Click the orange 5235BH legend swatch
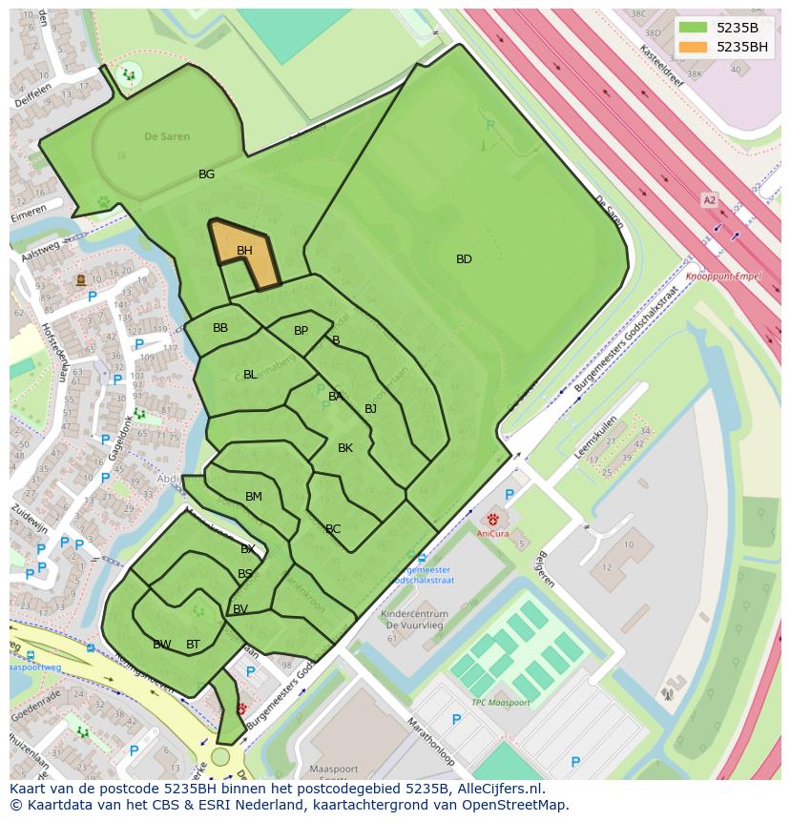coord(694,47)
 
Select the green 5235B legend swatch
coord(694,28)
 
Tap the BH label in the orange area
coord(244,251)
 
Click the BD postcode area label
coord(464,258)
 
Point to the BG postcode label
coord(206,174)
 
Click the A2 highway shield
coord(709,200)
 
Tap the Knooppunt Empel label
coord(730,275)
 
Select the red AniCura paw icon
coord(493,519)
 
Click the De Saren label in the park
coord(167,136)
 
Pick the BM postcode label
coord(253,497)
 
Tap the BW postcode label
coord(162,645)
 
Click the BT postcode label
coord(193,645)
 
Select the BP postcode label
coord(301,331)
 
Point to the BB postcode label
coord(220,328)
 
